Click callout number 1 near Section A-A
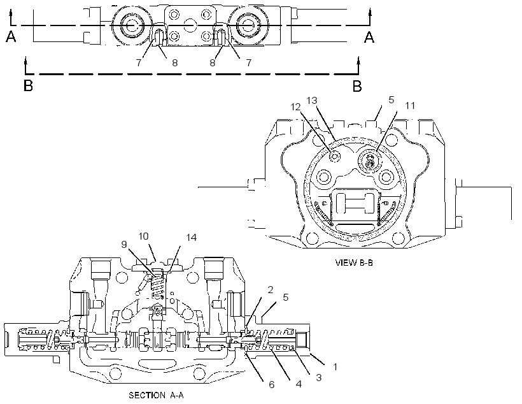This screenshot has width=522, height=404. tap(335, 366)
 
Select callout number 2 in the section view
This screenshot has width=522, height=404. tap(271, 290)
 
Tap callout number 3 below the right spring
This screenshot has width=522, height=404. tap(318, 378)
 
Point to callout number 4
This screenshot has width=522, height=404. tap(299, 384)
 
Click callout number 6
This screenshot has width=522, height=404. tap(272, 385)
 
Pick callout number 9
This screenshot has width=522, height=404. tap(124, 245)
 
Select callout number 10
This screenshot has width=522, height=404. tap(143, 236)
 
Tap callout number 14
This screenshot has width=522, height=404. tap(192, 237)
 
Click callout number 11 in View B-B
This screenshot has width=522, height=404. tap(410, 106)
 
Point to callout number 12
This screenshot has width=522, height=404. tap(295, 107)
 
